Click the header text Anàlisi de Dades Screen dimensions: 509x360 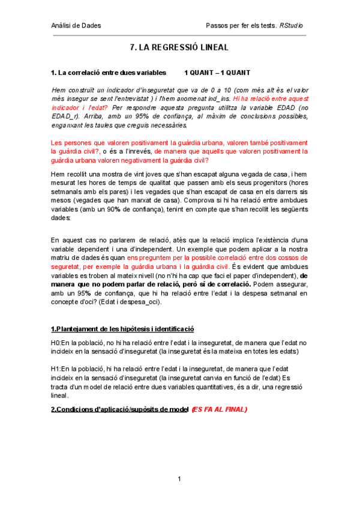coord(76,26)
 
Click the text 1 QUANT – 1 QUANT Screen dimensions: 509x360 coord(217,73)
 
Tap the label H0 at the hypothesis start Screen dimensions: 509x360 coord(56,342)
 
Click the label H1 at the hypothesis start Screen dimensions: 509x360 coord(56,368)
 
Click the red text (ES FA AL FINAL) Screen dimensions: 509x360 coord(219,409)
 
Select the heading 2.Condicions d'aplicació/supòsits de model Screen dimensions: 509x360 coord(119,409)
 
